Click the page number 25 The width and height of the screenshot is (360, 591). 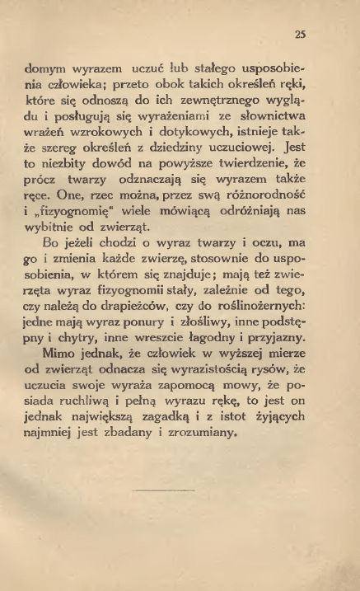tap(301, 35)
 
